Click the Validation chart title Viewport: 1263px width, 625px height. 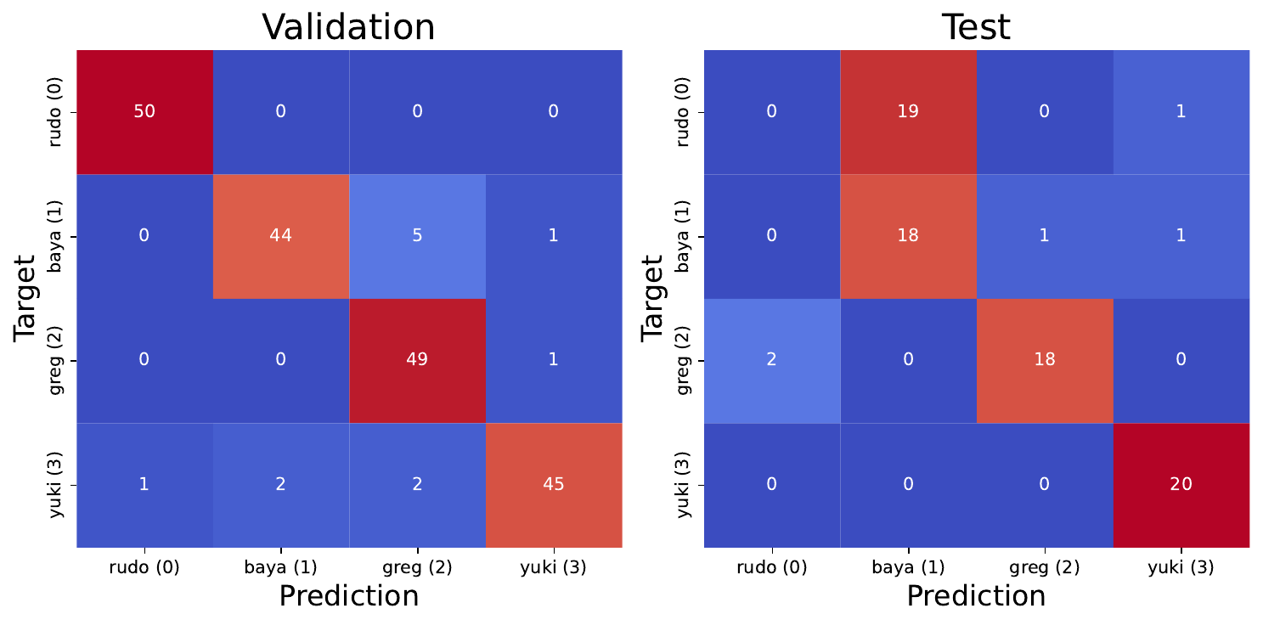pos(348,27)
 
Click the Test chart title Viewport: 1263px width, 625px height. pos(976,27)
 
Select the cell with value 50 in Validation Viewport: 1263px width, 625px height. pos(144,112)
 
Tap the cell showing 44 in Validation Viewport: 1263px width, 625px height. pos(280,236)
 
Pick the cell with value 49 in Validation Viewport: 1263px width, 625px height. pos(417,360)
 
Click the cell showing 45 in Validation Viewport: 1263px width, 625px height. pos(553,484)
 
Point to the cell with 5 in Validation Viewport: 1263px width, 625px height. pos(417,236)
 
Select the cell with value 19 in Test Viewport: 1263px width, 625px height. pos(908,112)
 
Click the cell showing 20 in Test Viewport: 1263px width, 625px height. pos(1181,484)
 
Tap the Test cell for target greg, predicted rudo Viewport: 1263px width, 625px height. pos(771,360)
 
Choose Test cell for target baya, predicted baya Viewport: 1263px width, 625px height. pos(908,236)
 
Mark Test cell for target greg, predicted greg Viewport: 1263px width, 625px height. pos(1045,360)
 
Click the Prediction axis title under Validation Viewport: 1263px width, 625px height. pos(348,596)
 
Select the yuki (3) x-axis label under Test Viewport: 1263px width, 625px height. pos(1181,567)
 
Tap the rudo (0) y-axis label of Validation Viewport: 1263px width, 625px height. pos(55,112)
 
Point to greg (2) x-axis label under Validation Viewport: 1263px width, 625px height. pos(417,567)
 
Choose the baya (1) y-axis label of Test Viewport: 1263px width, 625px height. pos(683,236)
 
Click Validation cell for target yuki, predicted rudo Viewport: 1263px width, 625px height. pos(144,484)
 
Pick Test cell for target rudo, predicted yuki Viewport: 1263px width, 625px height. pos(1181,112)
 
